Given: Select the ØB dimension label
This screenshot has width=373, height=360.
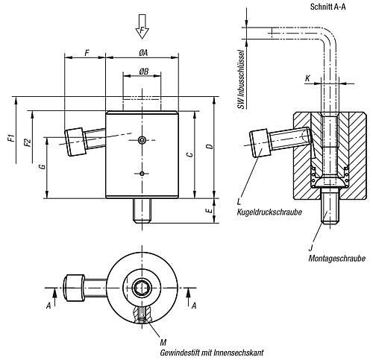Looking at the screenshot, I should coord(142,72).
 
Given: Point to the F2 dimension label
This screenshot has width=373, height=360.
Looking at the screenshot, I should coord(27,143).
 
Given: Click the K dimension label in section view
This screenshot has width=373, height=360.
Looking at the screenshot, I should coord(307,78).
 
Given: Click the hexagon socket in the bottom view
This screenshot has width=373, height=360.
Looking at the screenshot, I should coord(142,286).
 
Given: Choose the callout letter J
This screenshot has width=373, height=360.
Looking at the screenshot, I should coord(310,247).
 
